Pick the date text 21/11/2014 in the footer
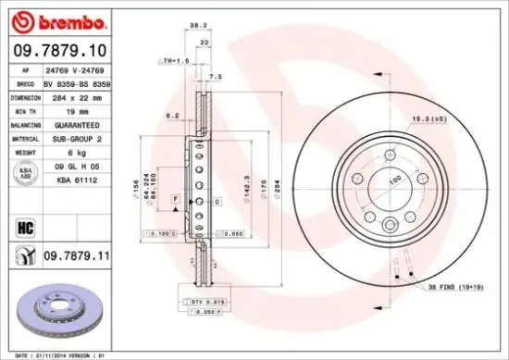(x=55, y=354)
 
